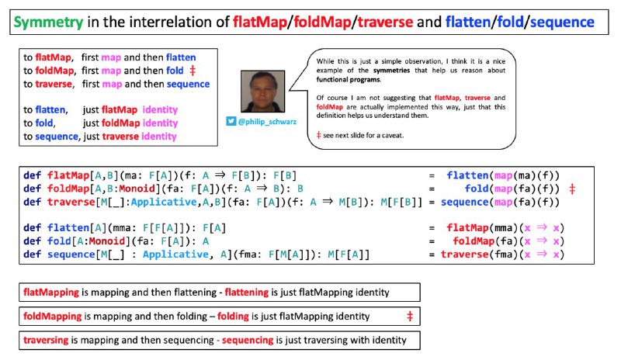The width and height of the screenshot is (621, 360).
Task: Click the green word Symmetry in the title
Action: [x=48, y=22]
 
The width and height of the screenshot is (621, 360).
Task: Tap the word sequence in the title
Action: [x=562, y=22]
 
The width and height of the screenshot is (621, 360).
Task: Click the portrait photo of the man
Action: [x=262, y=92]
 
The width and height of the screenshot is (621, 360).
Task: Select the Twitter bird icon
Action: [x=231, y=121]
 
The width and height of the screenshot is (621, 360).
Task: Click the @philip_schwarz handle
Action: [x=267, y=122]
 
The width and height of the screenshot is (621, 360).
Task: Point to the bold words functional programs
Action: [x=349, y=80]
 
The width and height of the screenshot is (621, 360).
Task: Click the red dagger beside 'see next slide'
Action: [x=318, y=136]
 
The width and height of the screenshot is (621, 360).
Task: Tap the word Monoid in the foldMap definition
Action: [x=137, y=189]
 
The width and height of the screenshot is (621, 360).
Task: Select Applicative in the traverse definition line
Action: [x=164, y=202]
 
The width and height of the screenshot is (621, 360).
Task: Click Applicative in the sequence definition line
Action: [x=175, y=254]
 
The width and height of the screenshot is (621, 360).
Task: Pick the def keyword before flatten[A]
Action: [x=32, y=228]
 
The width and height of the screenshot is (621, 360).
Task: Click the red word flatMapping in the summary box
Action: [x=51, y=292]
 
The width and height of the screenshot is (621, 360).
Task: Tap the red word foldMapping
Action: [x=52, y=316]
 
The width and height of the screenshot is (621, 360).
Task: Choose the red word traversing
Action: [x=46, y=340]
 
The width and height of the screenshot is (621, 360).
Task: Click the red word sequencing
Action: [x=248, y=340]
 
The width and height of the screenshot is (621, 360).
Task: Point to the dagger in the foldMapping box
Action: [x=410, y=316]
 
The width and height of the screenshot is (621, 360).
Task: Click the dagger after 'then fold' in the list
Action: [x=193, y=71]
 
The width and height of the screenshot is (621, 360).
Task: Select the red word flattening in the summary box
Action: [x=247, y=292]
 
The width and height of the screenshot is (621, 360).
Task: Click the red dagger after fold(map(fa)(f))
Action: [x=572, y=189]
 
